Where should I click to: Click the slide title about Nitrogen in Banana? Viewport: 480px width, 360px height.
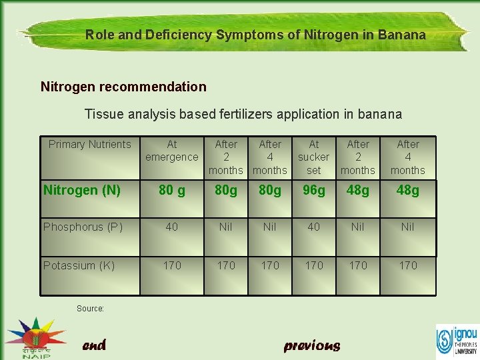255,35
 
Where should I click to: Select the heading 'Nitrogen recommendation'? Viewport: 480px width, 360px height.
123,87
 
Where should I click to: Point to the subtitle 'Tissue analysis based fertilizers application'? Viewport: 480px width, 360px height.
243,114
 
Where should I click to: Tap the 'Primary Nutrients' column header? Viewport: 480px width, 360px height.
90,145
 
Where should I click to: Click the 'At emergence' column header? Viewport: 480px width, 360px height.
172,151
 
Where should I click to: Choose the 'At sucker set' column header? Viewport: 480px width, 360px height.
313,157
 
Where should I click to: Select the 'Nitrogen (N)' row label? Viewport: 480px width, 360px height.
82,191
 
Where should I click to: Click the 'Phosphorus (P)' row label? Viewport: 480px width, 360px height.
83,227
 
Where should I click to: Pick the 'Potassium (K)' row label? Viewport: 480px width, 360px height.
79,265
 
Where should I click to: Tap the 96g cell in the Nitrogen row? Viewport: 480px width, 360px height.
313,191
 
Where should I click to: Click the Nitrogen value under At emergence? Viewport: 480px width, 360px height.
172,191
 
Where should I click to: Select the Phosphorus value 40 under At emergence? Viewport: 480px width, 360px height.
172,227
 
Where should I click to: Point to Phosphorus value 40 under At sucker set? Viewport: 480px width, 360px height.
313,227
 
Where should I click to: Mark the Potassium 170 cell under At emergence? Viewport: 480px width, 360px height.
172,265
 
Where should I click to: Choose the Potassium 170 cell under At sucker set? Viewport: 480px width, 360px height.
313,265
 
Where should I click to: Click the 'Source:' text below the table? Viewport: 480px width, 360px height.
91,309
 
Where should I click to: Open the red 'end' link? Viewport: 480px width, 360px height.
94,345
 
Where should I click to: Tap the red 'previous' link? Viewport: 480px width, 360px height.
312,345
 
